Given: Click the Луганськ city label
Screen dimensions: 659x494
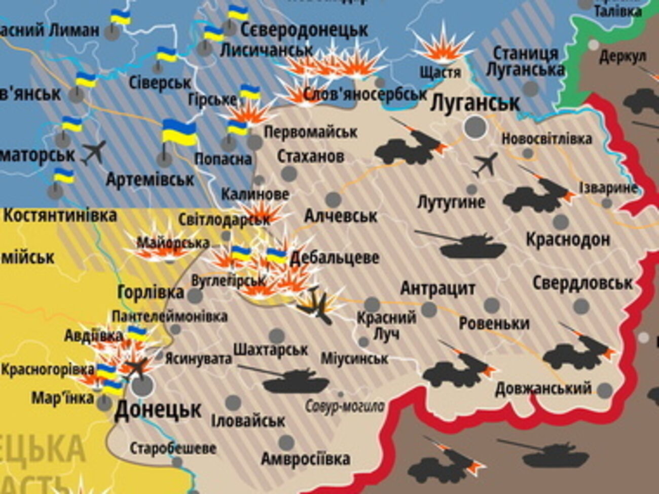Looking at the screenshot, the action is click(474, 103).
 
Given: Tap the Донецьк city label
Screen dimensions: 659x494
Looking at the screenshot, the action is click(158, 409).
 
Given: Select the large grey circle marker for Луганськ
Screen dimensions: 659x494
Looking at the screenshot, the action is click(475, 126).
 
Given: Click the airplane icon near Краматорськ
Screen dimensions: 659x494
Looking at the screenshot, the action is click(94, 151).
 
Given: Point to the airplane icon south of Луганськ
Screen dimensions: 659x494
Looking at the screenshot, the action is click(485, 165).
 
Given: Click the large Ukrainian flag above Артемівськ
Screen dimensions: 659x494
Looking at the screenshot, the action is click(179, 133).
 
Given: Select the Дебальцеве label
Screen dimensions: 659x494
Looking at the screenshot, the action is click(334, 257).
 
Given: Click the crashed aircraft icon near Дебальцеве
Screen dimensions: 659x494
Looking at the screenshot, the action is click(317, 304).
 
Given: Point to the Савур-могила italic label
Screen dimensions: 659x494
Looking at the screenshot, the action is click(345, 406).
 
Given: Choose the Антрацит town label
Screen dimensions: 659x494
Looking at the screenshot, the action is click(437, 289).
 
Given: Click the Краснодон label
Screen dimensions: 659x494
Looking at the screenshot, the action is click(567, 239).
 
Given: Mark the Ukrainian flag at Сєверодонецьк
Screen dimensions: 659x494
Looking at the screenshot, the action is click(238, 13).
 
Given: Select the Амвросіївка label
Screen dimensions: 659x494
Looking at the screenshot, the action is click(305, 459).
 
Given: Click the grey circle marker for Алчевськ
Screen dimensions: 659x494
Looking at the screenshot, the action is click(333, 200).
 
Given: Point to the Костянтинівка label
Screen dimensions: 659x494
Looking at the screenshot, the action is click(60, 215).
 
